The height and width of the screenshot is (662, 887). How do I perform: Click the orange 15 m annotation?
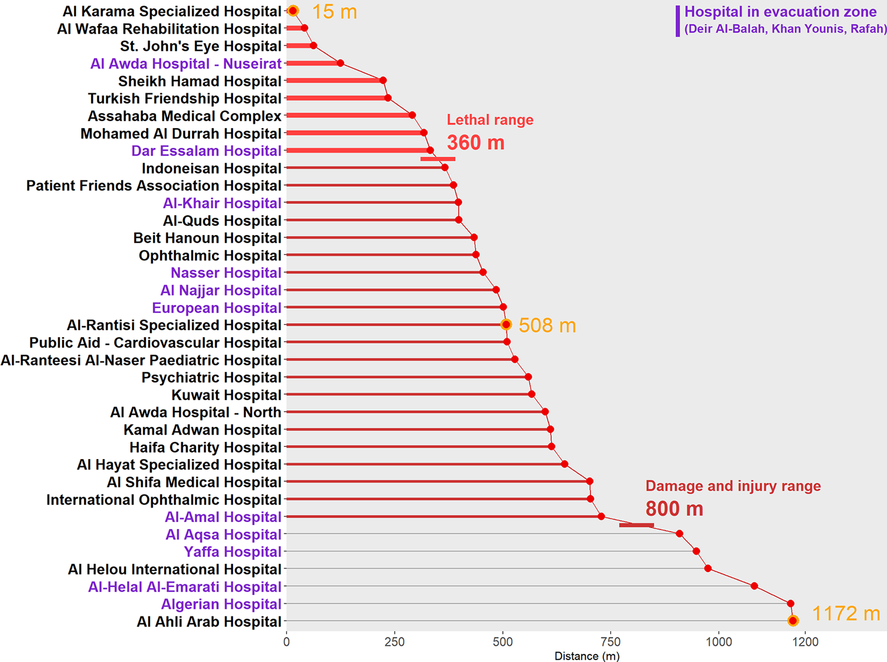(x=334, y=12)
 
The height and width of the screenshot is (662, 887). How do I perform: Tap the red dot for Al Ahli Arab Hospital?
(x=793, y=620)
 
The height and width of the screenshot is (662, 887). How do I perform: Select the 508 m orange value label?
(x=547, y=325)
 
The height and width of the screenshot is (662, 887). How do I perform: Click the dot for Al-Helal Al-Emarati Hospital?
(x=754, y=586)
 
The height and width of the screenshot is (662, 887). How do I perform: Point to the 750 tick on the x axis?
(x=611, y=642)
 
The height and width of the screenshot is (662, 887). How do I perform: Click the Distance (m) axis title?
(x=587, y=656)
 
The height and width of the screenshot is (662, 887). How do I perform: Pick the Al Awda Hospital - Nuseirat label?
(x=186, y=63)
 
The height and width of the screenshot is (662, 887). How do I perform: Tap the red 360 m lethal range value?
(x=475, y=142)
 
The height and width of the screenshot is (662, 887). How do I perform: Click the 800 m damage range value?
(x=674, y=509)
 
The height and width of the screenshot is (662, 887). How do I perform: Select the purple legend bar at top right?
(x=678, y=21)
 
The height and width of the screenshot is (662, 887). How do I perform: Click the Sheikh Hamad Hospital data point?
(x=383, y=80)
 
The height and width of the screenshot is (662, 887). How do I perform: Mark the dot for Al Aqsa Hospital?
(x=679, y=534)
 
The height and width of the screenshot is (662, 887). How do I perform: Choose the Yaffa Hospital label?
(x=232, y=552)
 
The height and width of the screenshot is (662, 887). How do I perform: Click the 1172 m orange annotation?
(x=845, y=613)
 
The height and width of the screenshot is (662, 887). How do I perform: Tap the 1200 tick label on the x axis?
(x=805, y=642)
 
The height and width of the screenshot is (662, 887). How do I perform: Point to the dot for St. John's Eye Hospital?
(x=313, y=45)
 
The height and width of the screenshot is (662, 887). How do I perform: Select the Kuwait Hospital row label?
(x=226, y=395)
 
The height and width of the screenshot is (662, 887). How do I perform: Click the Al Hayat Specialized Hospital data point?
(x=564, y=464)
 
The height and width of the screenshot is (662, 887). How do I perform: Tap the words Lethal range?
(x=490, y=120)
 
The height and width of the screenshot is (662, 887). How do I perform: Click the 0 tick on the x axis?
(x=286, y=642)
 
